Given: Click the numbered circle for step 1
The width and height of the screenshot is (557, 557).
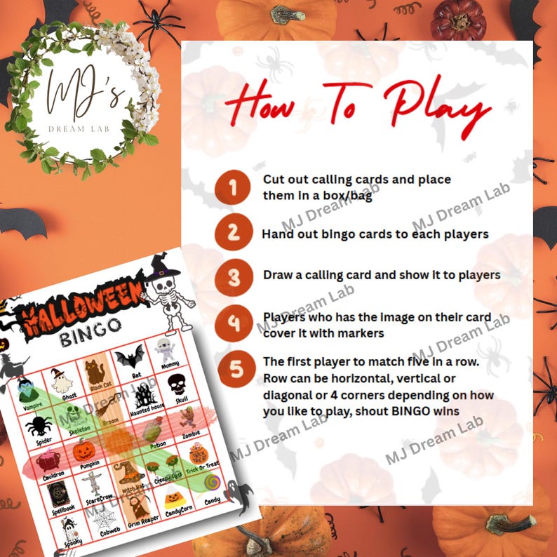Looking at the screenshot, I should point(234,187).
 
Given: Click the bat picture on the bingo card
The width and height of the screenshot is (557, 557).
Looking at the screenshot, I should point(130,358).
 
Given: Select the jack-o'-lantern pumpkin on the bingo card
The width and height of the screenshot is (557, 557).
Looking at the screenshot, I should point(84,449).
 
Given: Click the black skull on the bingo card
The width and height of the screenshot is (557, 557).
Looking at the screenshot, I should point(176,384).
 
